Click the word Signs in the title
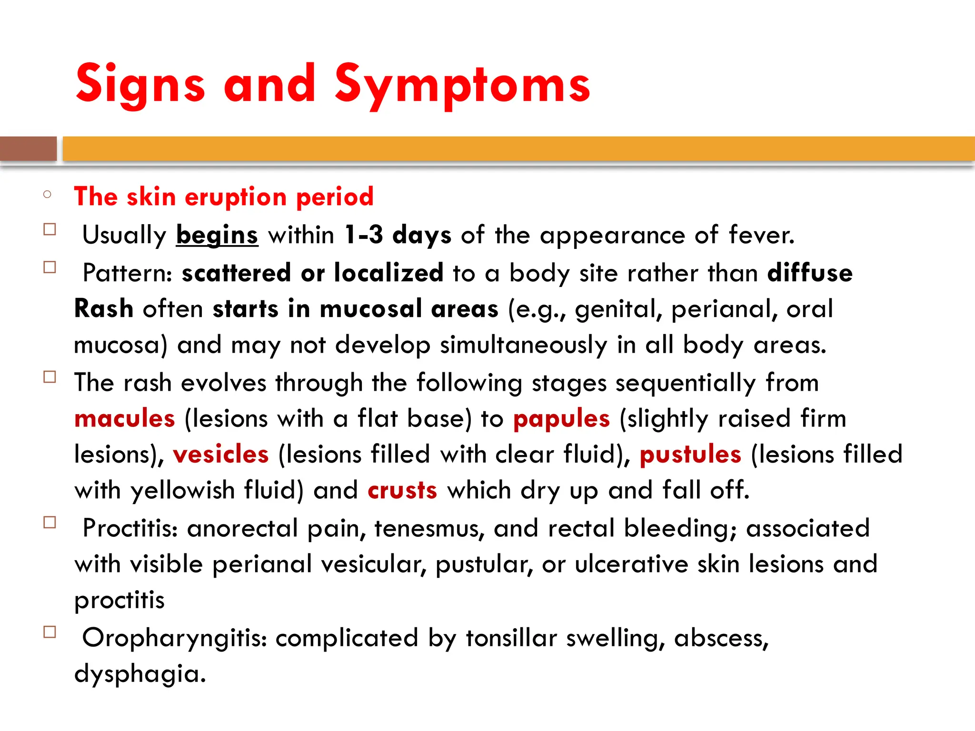[140, 85]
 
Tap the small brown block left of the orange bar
[28, 148]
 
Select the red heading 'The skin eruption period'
[224, 196]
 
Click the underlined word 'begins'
[217, 235]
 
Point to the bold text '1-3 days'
[398, 235]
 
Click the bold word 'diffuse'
[810, 273]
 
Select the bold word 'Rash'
[104, 308]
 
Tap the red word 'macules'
[125, 418]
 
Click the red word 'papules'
[561, 418]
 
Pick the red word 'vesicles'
[221, 454]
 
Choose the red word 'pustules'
[690, 454]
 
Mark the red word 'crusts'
[402, 490]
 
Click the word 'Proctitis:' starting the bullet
[130, 528]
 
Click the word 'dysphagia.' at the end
[140, 673]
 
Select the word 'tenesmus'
[429, 528]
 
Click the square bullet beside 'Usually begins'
[50, 229]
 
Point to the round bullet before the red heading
[47, 194]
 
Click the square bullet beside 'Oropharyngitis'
[50, 632]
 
